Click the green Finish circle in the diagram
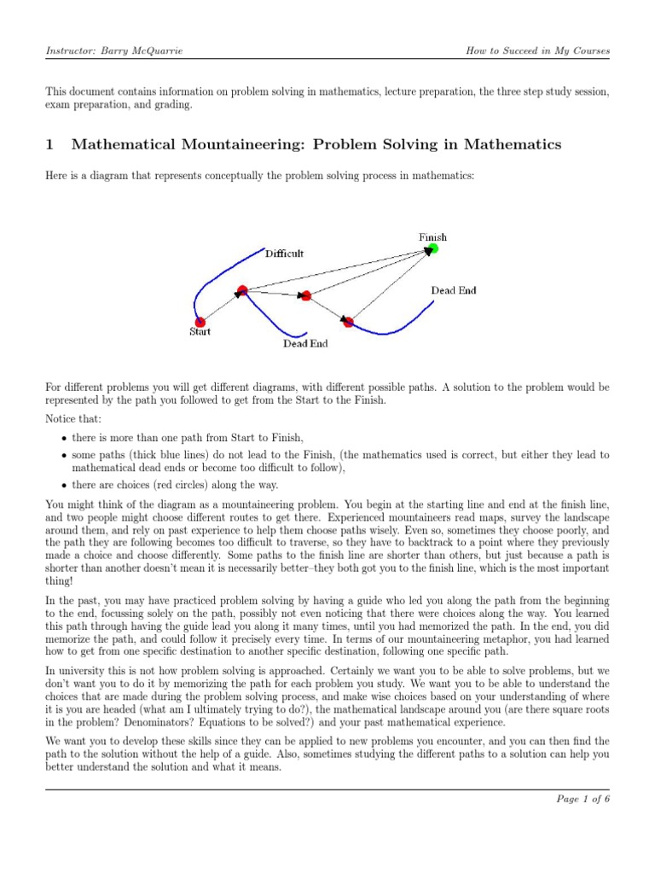point(432,249)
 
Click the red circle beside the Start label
point(200,322)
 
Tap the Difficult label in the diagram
point(284,253)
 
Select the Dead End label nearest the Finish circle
point(453,290)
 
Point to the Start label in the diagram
point(200,332)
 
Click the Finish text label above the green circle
point(432,236)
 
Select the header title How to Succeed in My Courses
point(537,51)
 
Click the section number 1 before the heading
point(49,144)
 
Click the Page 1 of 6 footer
point(583,799)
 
